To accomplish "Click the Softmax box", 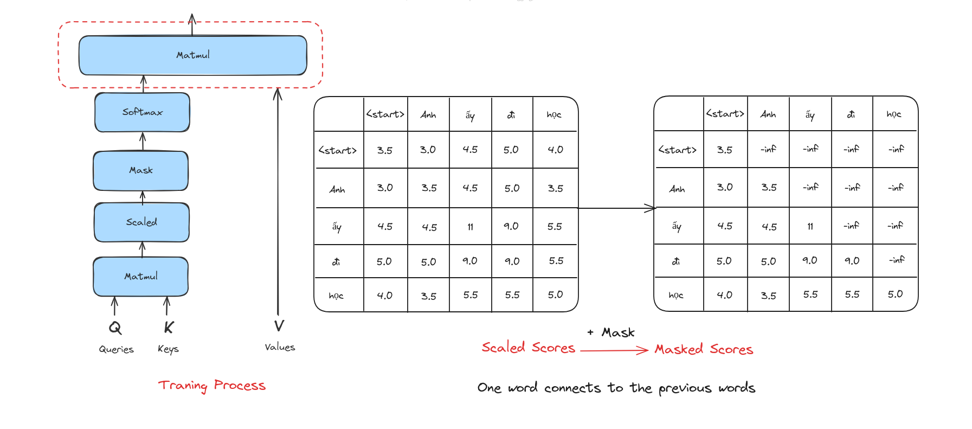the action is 142,112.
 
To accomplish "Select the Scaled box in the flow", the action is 141,222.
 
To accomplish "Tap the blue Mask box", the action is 141,171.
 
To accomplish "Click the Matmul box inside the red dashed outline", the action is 193,55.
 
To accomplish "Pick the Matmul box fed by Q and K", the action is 141,277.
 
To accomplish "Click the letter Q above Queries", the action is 115,328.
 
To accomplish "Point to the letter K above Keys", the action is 169,328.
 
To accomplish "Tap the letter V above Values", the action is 279,326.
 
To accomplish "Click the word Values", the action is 280,347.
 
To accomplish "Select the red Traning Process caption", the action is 212,386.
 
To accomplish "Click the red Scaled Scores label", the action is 529,348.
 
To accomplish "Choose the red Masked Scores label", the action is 704,349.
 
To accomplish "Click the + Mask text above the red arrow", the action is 611,332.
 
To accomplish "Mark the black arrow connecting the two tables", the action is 617,208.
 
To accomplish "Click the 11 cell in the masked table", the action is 810,226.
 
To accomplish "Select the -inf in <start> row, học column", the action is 896,149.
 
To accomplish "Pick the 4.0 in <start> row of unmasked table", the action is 556,150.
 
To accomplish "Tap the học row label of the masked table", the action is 676,295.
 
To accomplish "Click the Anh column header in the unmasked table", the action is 428,115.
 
